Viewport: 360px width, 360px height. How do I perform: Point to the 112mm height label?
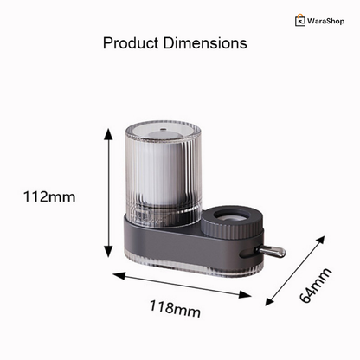(x=49, y=197)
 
